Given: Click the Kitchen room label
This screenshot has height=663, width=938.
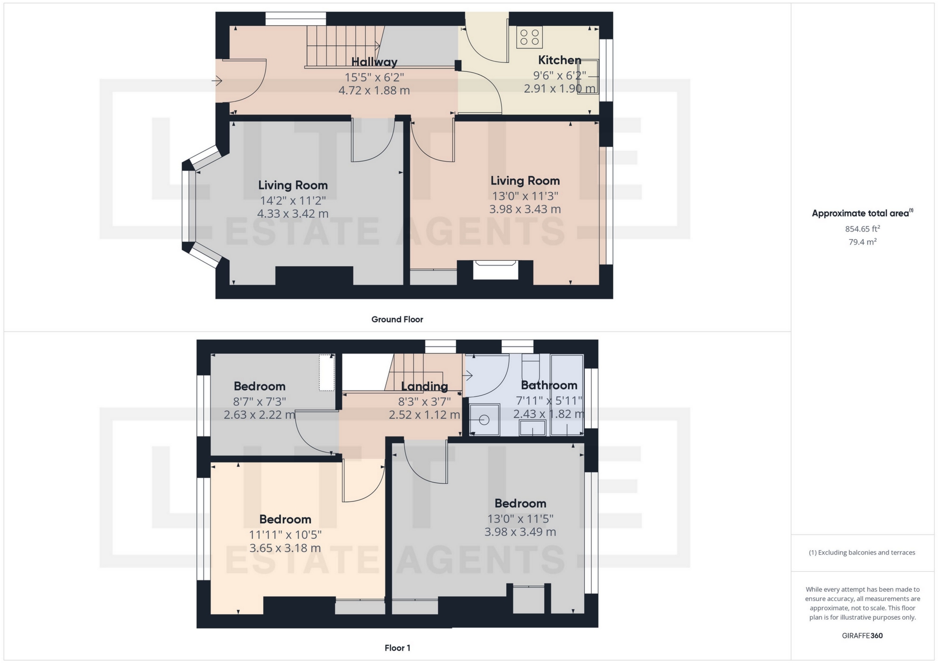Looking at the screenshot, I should [x=559, y=60].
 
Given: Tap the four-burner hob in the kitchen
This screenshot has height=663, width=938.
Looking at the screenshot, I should [x=530, y=38].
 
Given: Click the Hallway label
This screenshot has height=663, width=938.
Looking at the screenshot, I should [x=374, y=62].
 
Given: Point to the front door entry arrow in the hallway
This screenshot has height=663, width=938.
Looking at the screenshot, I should [x=217, y=81].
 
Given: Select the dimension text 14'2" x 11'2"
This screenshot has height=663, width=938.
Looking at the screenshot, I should [x=293, y=200].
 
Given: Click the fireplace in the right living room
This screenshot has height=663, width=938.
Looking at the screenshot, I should [x=495, y=270].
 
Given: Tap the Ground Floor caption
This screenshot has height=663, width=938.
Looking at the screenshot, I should [x=397, y=319].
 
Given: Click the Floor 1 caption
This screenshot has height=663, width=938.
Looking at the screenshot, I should [x=397, y=648].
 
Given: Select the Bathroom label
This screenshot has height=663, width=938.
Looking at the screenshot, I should [x=549, y=385].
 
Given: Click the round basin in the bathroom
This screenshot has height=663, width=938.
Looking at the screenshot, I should [x=484, y=420].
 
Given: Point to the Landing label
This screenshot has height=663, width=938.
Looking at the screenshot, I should [x=424, y=386].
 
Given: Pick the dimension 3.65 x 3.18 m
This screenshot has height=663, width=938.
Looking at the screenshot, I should [x=285, y=548].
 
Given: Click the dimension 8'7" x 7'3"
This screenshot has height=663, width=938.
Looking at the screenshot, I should [x=259, y=401].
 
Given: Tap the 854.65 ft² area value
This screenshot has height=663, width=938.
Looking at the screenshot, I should [x=862, y=228].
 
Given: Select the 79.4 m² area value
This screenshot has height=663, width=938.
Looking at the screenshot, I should [x=862, y=242].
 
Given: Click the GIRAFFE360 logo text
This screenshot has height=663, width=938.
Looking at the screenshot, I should [x=862, y=636].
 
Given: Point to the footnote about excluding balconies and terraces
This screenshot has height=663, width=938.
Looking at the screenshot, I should [x=862, y=553].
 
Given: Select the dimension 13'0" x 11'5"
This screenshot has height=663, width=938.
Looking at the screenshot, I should [x=520, y=518].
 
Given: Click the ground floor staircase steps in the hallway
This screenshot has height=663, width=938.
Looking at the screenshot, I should [x=342, y=46].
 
